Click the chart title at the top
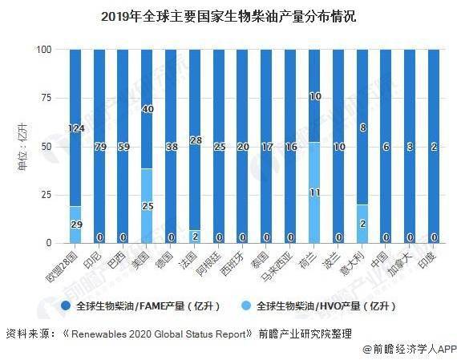point(228,16)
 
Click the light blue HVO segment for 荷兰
point(316,192)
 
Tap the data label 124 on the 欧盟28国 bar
point(75,128)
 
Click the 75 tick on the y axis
point(47,98)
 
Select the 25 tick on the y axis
point(47,195)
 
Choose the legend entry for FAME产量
point(141,305)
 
